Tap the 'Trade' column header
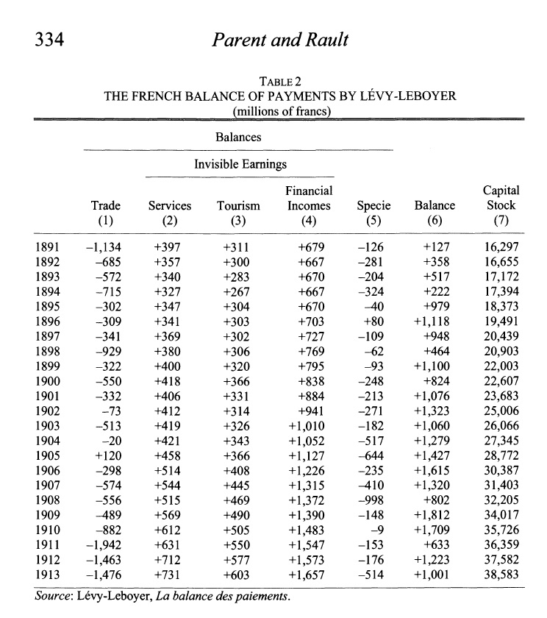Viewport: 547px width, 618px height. (x=105, y=206)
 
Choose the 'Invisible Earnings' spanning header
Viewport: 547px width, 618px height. (x=240, y=165)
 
